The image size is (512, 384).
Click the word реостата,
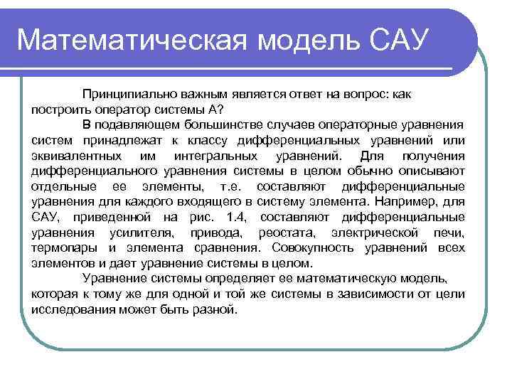pos(284,233)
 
